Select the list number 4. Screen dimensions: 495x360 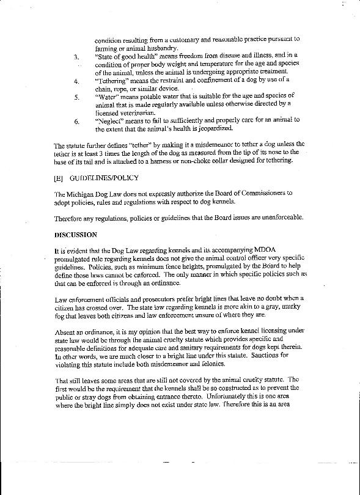tap(75, 81)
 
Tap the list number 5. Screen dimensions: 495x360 tap(76, 97)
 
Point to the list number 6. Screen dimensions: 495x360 tap(76, 120)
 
